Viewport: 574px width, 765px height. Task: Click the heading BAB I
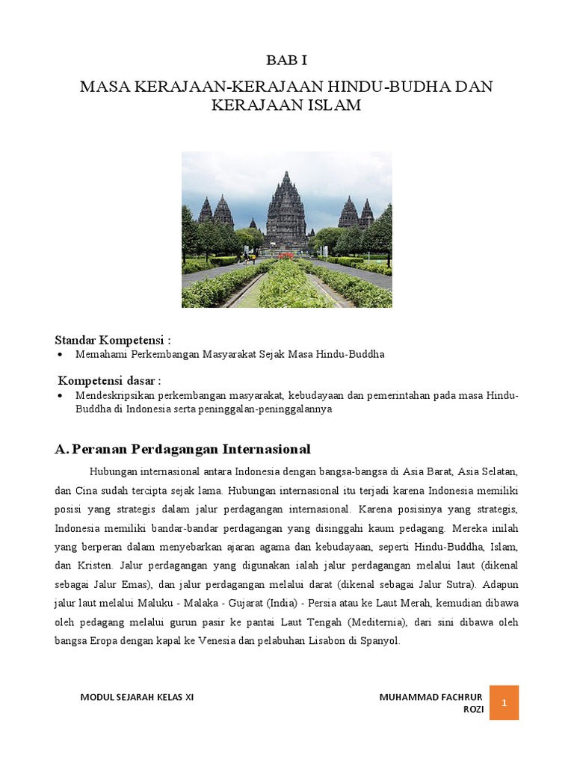pyautogui.click(x=286, y=61)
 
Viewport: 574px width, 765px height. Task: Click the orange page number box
pyautogui.click(x=504, y=702)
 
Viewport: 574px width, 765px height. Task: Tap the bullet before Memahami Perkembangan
pyautogui.click(x=60, y=354)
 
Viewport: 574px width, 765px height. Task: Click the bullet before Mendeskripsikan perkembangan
pyautogui.click(x=60, y=395)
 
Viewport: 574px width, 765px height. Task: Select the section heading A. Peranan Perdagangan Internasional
pyautogui.click(x=182, y=448)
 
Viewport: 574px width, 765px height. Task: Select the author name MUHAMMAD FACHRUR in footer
pyautogui.click(x=432, y=697)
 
